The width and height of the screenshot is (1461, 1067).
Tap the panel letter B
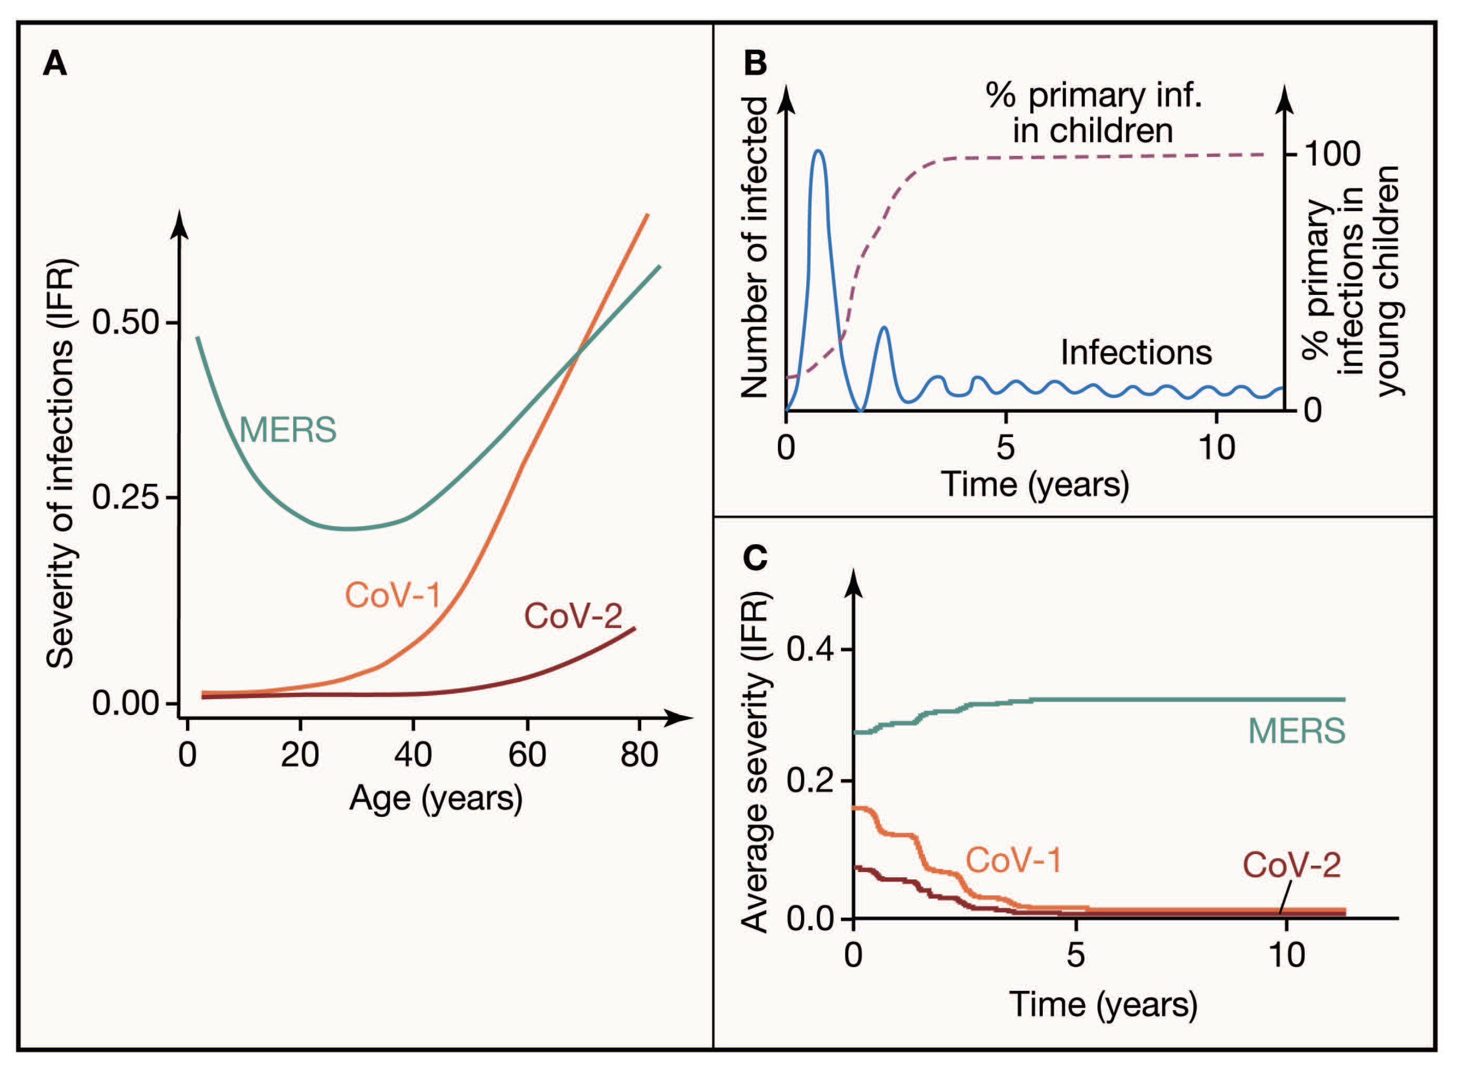(756, 63)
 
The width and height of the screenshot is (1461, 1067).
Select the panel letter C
(756, 557)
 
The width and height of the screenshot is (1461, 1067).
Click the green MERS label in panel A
(288, 430)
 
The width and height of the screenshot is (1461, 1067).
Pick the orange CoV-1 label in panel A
(392, 595)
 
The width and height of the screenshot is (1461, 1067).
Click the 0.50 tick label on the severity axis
(126, 323)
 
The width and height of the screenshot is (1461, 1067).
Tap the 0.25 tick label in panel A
(126, 498)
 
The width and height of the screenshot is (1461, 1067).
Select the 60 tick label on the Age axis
(527, 755)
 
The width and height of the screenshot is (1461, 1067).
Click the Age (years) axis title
(436, 800)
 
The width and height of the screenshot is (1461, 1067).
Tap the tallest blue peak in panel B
(819, 151)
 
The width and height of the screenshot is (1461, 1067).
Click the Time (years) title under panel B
(1035, 484)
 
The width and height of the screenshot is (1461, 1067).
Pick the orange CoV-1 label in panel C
(1013, 861)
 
